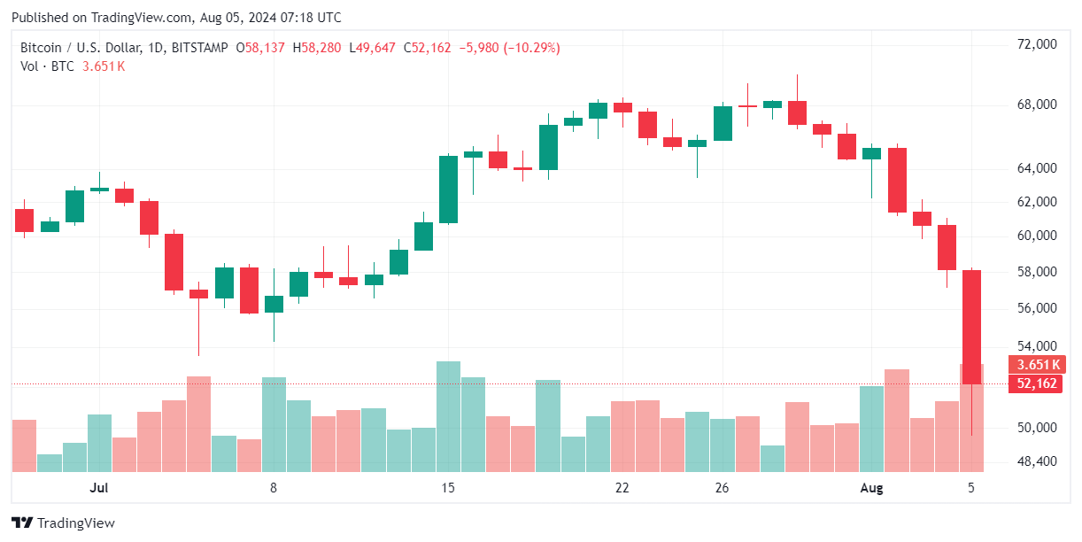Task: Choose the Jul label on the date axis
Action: tap(99, 488)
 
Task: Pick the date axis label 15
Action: tap(448, 488)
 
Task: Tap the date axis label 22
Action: tap(622, 488)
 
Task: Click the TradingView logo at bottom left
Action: tap(62, 523)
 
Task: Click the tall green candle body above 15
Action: tap(449, 190)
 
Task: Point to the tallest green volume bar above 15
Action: tap(449, 416)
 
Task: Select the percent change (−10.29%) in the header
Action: tap(531, 48)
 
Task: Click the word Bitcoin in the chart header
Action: tap(40, 48)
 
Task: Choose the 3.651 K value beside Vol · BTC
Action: tap(103, 66)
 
